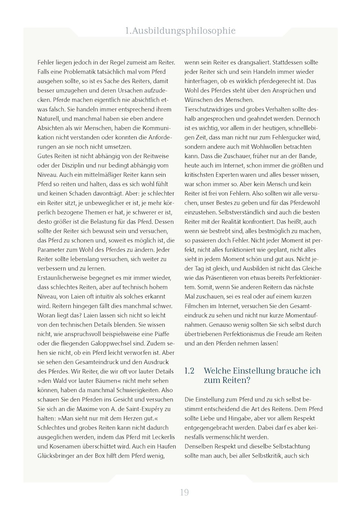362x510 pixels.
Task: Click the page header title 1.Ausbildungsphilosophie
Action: (x=181, y=31)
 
